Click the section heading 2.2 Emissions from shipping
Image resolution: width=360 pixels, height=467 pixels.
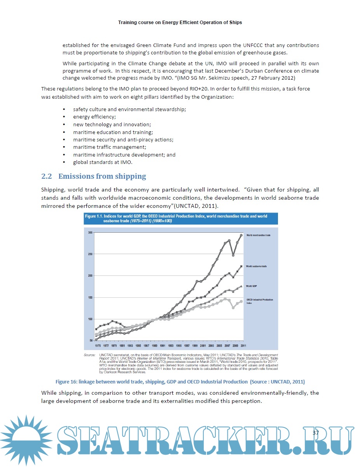point(94,176)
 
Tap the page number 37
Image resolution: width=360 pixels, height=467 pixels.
point(315,433)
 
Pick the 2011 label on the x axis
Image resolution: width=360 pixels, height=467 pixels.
point(243,345)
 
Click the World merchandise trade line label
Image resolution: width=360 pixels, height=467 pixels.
point(258,235)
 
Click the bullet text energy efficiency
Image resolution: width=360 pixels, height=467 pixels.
point(94,117)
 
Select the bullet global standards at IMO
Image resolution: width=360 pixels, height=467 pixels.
point(103,162)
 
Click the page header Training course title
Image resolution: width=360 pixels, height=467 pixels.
point(180,23)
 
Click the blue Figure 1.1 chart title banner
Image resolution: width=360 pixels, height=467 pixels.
point(181,218)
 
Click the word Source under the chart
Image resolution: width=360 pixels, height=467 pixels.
point(90,355)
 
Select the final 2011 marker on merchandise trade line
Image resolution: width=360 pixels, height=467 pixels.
point(241,235)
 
